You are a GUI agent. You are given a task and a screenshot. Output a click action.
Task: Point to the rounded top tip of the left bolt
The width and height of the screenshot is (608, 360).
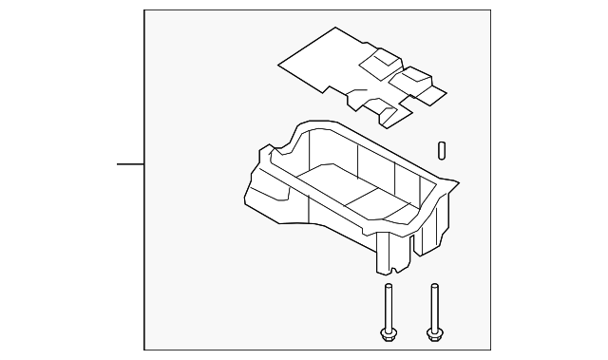pyautogui.click(x=388, y=287)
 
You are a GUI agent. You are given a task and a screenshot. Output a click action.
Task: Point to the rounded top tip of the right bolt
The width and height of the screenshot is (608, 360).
pyautogui.click(x=435, y=287)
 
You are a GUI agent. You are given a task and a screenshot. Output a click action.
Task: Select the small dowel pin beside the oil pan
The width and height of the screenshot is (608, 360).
pyautogui.click(x=443, y=152)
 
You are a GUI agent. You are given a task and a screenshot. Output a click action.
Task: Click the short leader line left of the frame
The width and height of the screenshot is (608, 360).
pyautogui.click(x=130, y=164)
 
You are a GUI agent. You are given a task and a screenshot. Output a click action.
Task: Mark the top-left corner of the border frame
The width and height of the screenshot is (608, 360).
pyautogui.click(x=143, y=10)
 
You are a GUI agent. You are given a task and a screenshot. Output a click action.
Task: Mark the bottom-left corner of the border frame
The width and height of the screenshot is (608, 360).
pyautogui.click(x=143, y=350)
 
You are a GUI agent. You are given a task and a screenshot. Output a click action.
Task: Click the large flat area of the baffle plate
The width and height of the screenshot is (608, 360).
pyautogui.click(x=323, y=62)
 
